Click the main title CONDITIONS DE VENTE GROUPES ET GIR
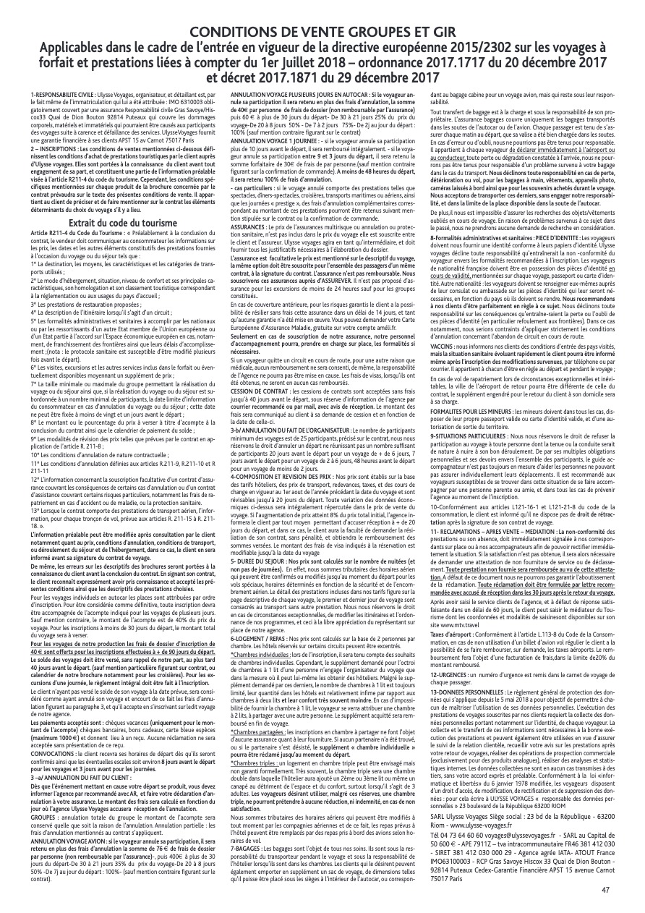tap(322, 33)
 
